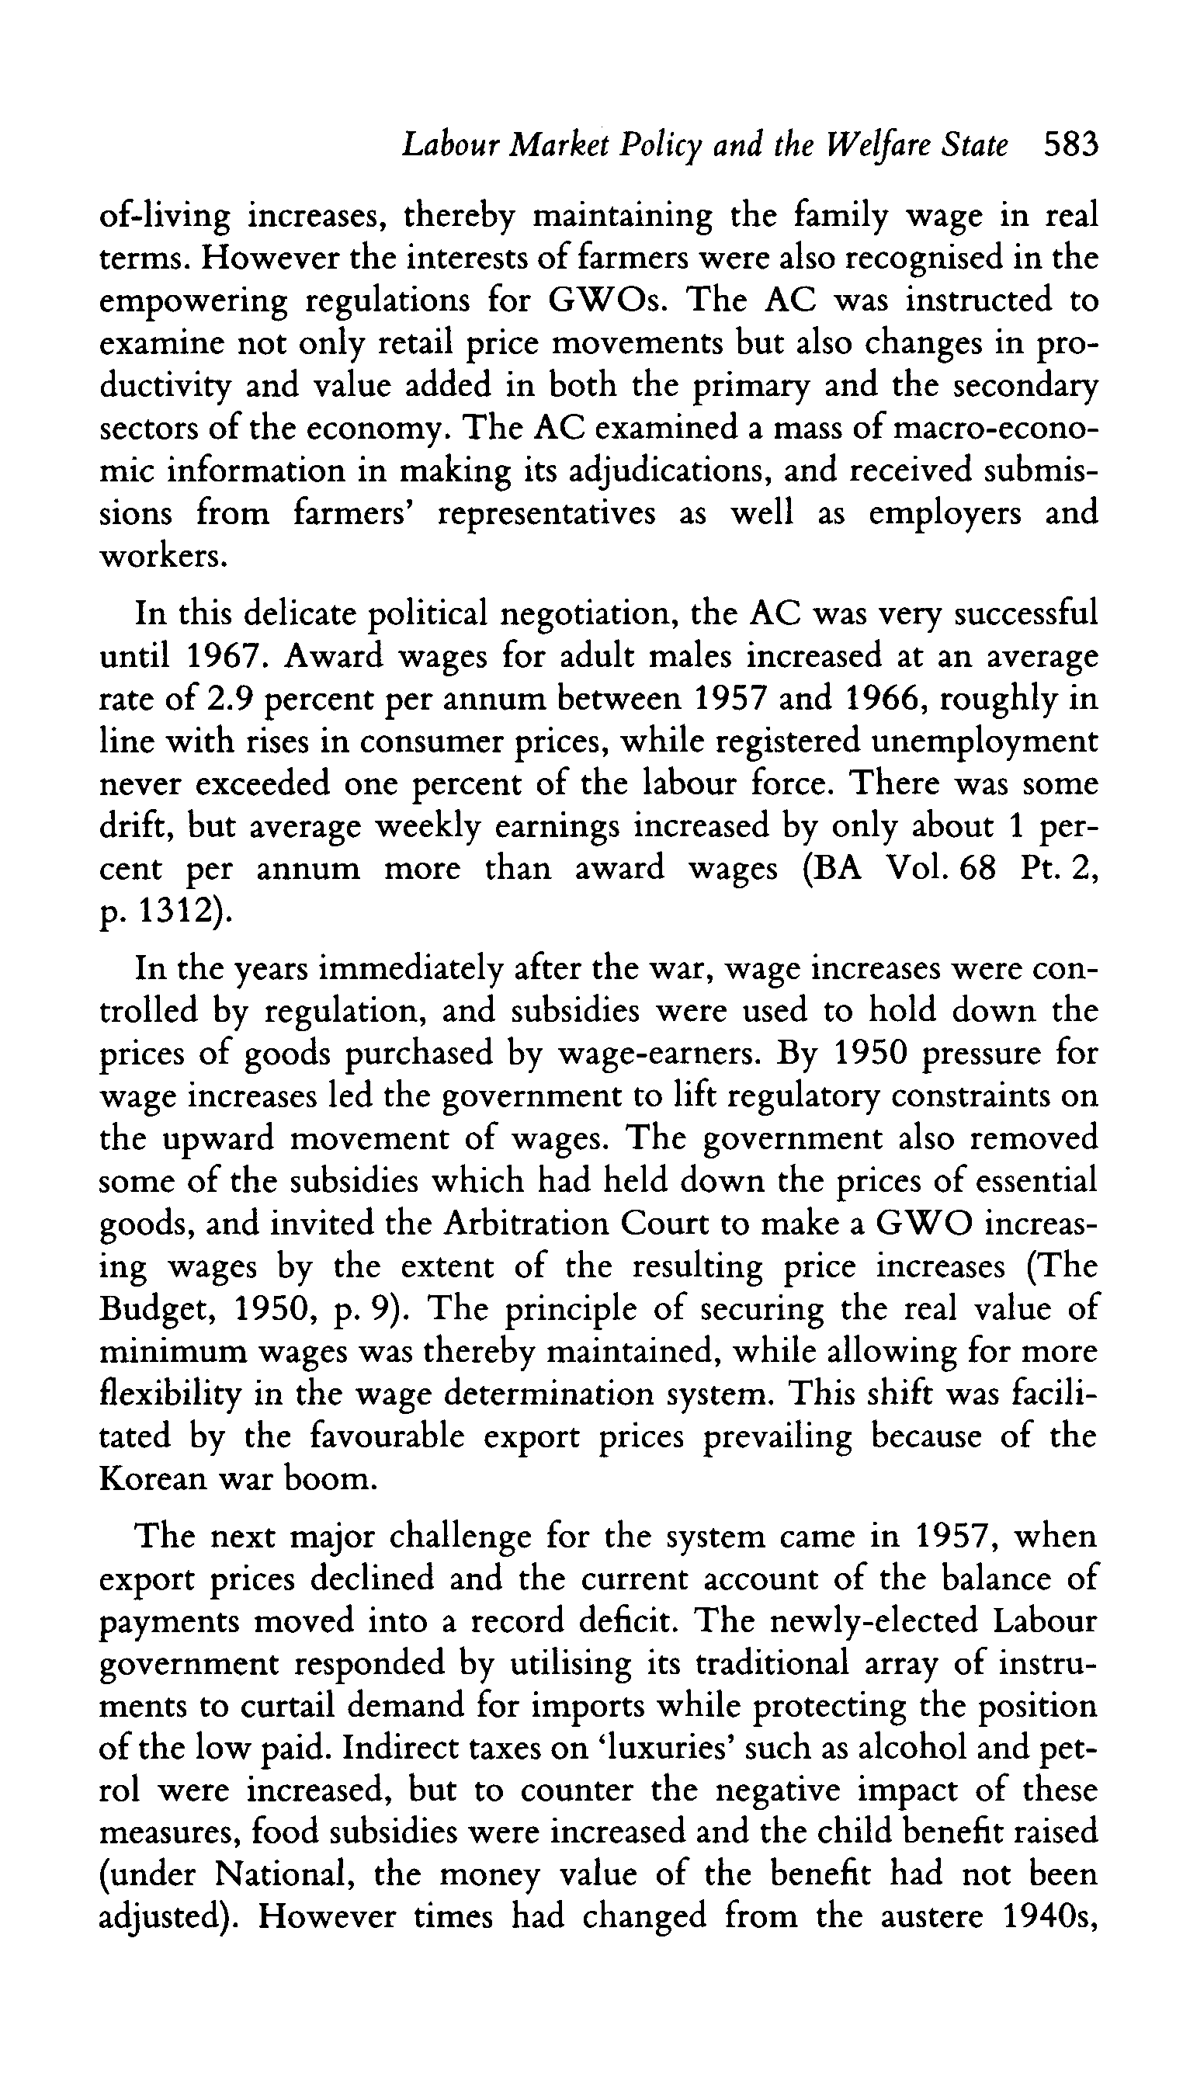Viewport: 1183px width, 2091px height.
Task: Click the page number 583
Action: (x=1070, y=145)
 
